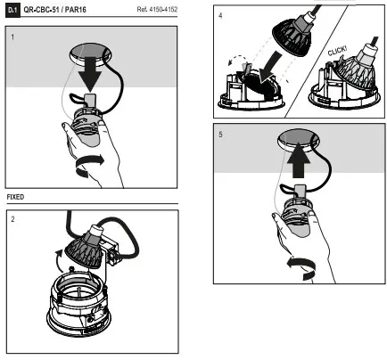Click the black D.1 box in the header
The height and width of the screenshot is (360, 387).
click(x=12, y=10)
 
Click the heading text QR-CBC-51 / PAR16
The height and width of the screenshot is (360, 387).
click(x=55, y=10)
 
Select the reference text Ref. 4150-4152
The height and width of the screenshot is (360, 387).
click(x=157, y=9)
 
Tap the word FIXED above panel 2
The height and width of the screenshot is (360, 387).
click(x=15, y=197)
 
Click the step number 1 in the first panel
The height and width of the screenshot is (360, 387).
click(x=12, y=37)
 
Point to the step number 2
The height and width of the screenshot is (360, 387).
click(x=12, y=219)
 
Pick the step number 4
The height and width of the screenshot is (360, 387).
click(x=220, y=15)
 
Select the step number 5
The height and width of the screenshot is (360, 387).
click(x=220, y=135)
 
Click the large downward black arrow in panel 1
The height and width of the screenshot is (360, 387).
click(x=91, y=74)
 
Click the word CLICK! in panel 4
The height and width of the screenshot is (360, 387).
click(x=337, y=51)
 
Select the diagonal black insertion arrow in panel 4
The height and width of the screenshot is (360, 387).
click(x=270, y=67)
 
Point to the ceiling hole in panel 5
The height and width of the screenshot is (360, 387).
click(x=299, y=140)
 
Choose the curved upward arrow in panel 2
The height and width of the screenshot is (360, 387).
click(x=58, y=261)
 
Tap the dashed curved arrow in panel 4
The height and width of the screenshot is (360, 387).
click(x=237, y=58)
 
